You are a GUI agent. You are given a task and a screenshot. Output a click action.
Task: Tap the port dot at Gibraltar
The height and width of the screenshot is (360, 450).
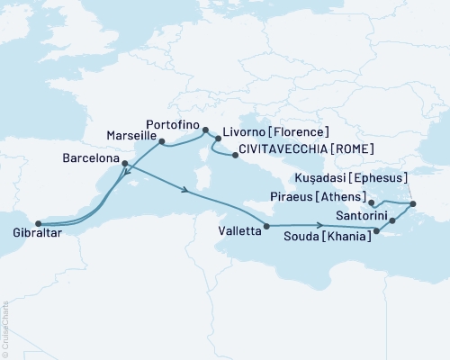pyautogui.click(x=38, y=224)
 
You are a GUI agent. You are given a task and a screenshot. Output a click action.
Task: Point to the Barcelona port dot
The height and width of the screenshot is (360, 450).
pyautogui.click(x=124, y=164)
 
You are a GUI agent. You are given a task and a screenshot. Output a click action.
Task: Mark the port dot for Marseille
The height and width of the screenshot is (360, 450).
pyautogui.click(x=161, y=141)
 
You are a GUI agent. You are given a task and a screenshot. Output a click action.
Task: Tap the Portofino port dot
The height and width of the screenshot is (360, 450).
pyautogui.click(x=205, y=129)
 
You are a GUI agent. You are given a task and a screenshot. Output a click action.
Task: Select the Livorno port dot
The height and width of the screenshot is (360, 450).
pyautogui.click(x=217, y=139)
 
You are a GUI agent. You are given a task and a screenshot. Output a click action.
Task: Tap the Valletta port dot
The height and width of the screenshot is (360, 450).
pyautogui.click(x=266, y=226)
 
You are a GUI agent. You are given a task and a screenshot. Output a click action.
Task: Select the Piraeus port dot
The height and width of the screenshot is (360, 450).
pyautogui.click(x=372, y=203)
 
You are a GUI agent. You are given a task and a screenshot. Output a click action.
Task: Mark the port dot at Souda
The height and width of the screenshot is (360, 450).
pyautogui.click(x=378, y=233)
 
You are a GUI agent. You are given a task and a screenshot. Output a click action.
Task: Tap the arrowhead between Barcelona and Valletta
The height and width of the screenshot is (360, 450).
pyautogui.click(x=185, y=190)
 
